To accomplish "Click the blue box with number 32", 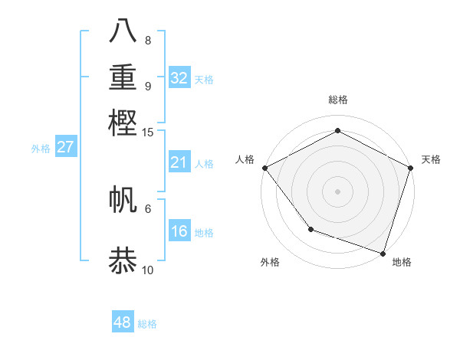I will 179,78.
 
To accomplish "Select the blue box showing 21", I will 179,162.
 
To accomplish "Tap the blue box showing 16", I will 179,231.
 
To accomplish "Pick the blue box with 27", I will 65,147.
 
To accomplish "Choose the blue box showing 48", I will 123,322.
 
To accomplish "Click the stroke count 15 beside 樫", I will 148,132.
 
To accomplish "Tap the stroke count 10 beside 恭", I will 148,270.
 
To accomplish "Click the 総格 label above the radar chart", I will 337,100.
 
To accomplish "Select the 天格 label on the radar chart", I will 431,159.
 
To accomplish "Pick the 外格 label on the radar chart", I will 270,262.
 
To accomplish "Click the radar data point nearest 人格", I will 264,167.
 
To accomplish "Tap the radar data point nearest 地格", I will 383,253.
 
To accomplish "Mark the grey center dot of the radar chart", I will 337,191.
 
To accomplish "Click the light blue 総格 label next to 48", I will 147,324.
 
